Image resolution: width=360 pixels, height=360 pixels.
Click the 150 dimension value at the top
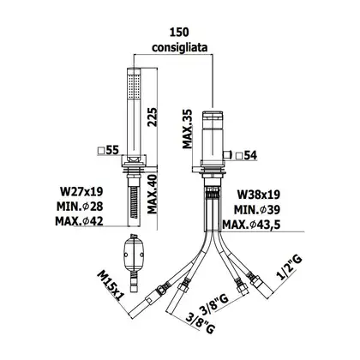(x=179, y=33)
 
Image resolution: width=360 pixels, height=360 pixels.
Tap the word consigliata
(x=180, y=47)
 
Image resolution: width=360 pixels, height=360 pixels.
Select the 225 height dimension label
(x=153, y=117)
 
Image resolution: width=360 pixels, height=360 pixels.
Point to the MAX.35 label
(x=188, y=129)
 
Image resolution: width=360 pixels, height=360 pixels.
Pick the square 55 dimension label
(x=108, y=150)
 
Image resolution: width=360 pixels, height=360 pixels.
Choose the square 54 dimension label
(x=247, y=156)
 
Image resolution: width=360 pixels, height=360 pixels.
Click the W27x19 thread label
(x=81, y=191)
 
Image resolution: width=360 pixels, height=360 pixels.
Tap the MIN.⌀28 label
(x=80, y=206)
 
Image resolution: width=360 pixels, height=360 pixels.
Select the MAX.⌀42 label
(x=79, y=221)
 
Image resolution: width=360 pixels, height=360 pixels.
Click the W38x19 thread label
(x=259, y=195)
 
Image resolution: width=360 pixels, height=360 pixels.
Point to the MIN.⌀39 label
(x=257, y=210)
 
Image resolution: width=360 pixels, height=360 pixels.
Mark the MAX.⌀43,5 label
(x=251, y=225)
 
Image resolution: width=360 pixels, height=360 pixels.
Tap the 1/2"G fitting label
(x=289, y=267)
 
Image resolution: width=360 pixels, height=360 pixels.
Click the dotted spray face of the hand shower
(x=135, y=87)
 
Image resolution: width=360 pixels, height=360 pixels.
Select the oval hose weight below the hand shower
(x=133, y=255)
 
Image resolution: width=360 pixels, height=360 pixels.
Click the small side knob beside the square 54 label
(x=227, y=155)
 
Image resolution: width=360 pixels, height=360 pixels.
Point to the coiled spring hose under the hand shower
(x=133, y=201)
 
